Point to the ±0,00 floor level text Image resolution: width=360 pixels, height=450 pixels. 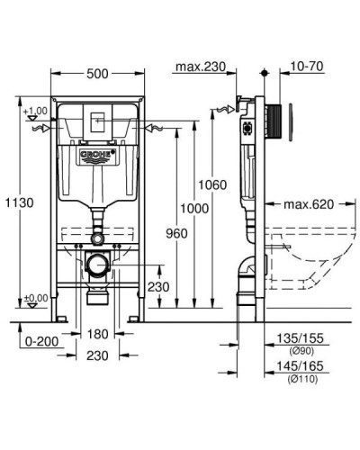pos(36,298)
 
